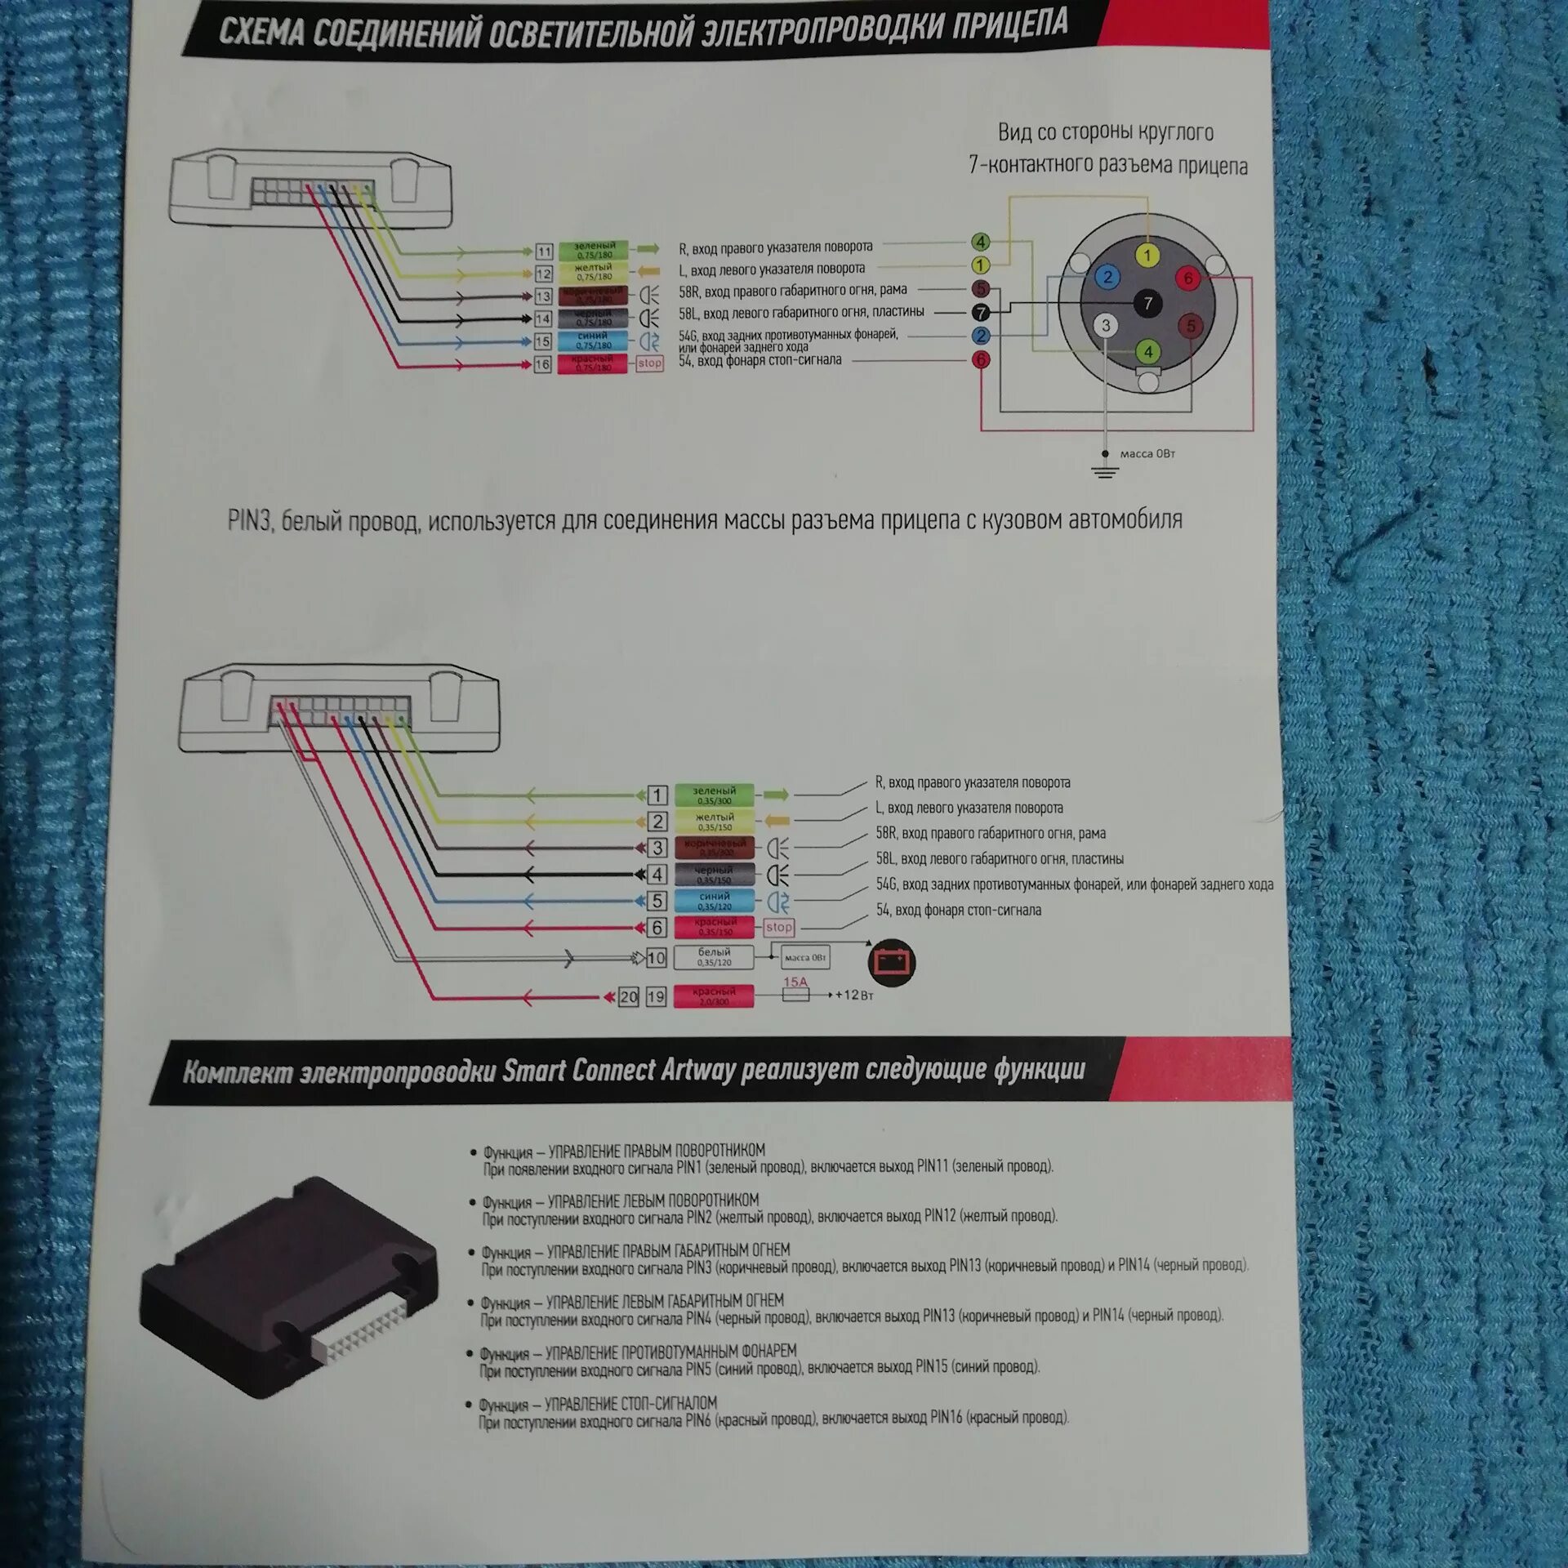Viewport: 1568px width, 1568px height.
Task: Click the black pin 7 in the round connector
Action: click(x=1147, y=304)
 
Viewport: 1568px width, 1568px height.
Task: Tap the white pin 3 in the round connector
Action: click(x=1106, y=326)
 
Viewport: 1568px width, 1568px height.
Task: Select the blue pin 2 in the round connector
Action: click(x=1107, y=277)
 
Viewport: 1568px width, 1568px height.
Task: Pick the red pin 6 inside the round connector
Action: click(x=1188, y=278)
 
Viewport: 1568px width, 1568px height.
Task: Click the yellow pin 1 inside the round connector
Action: click(x=1147, y=256)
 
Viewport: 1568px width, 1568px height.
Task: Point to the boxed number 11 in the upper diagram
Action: click(x=544, y=252)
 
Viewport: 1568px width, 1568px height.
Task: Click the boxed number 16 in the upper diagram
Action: click(x=543, y=364)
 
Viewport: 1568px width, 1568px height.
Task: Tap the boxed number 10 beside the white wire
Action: click(x=657, y=958)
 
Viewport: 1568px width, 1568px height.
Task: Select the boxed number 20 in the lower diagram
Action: click(x=628, y=996)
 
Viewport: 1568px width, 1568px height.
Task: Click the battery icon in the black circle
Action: click(x=891, y=962)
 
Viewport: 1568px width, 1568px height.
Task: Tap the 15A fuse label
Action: click(x=795, y=982)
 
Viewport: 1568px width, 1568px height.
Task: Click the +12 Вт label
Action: click(x=854, y=996)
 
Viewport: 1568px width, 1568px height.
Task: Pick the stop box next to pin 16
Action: click(x=650, y=363)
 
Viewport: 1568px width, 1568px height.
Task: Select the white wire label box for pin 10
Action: click(x=714, y=957)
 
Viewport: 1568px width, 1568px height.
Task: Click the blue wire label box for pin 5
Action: click(x=714, y=901)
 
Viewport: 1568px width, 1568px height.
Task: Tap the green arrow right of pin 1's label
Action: click(x=777, y=795)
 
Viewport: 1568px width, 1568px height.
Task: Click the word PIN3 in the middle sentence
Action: click(x=249, y=522)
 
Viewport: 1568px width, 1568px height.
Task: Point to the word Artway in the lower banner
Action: click(x=698, y=1070)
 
